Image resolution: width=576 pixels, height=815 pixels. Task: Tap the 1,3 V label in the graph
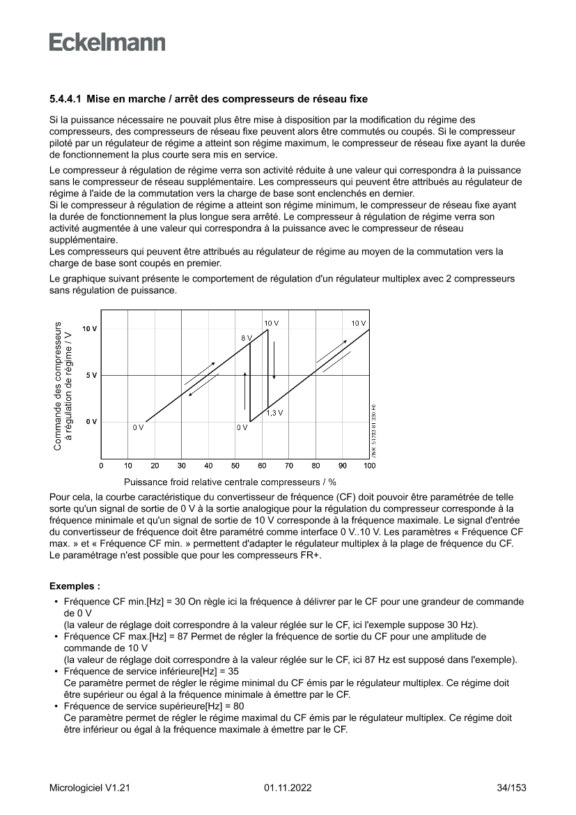[x=274, y=413]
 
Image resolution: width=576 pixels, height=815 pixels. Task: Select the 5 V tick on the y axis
[x=90, y=375]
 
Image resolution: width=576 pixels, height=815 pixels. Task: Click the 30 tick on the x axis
[x=182, y=465]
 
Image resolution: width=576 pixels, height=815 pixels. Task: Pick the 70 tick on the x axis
[x=289, y=465]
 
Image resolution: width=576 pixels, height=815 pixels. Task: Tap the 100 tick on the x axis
[x=369, y=465]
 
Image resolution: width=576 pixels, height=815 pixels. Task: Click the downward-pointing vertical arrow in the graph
[x=274, y=363]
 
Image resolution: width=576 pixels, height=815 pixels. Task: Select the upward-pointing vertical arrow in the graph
[x=244, y=390]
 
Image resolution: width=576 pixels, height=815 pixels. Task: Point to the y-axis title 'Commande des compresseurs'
[x=58, y=385]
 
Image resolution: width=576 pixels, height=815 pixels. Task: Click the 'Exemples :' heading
[x=75, y=586]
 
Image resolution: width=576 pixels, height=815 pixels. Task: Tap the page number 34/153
[x=511, y=788]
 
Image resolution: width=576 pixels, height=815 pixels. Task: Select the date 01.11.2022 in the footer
[x=288, y=788]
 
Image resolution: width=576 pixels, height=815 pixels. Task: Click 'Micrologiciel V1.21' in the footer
[x=90, y=788]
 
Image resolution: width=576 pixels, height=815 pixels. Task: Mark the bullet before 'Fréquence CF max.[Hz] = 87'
[x=55, y=637]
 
